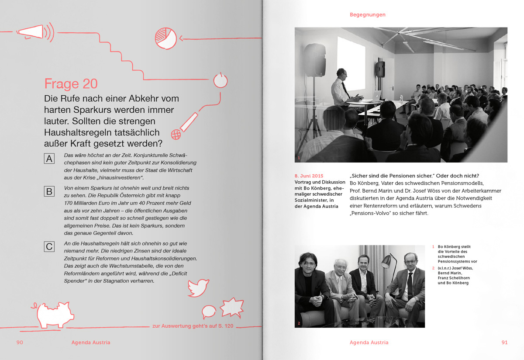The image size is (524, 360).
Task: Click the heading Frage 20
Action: coord(71,84)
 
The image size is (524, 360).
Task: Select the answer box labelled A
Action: coord(49,159)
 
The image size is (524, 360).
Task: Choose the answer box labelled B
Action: coord(49,191)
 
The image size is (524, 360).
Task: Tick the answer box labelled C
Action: coord(49,247)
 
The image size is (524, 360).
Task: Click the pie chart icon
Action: coord(165,38)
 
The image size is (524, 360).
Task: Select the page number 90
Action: coord(20,343)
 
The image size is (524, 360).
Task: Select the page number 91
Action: coord(504,343)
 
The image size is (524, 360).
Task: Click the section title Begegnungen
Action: coord(367,15)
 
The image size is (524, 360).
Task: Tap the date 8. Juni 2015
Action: coord(309,176)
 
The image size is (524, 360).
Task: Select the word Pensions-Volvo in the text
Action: coord(369,214)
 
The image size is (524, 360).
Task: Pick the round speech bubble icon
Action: coord(208,312)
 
